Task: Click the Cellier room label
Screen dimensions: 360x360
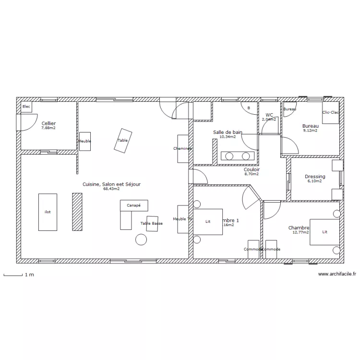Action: pos(48,123)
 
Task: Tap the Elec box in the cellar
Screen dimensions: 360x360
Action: pos(26,107)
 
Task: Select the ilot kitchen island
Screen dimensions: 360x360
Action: pos(48,212)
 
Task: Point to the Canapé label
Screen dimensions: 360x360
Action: pos(134,205)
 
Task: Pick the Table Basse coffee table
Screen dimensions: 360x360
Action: pos(152,224)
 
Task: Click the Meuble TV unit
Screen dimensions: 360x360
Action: pos(183,219)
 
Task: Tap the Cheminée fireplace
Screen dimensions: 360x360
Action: pos(182,148)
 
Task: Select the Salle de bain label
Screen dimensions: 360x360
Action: pos(228,132)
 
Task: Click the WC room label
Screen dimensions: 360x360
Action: pos(269,115)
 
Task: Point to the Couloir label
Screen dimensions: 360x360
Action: pos(252,169)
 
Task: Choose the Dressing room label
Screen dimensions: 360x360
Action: pos(315,177)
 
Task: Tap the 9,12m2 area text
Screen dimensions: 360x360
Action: pos(310,130)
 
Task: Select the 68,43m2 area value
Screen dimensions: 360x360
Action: pos(111,189)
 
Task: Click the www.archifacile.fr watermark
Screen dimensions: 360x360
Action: pos(336,274)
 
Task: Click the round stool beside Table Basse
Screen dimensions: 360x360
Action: pos(141,239)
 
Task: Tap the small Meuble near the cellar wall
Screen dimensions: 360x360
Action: pos(85,141)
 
